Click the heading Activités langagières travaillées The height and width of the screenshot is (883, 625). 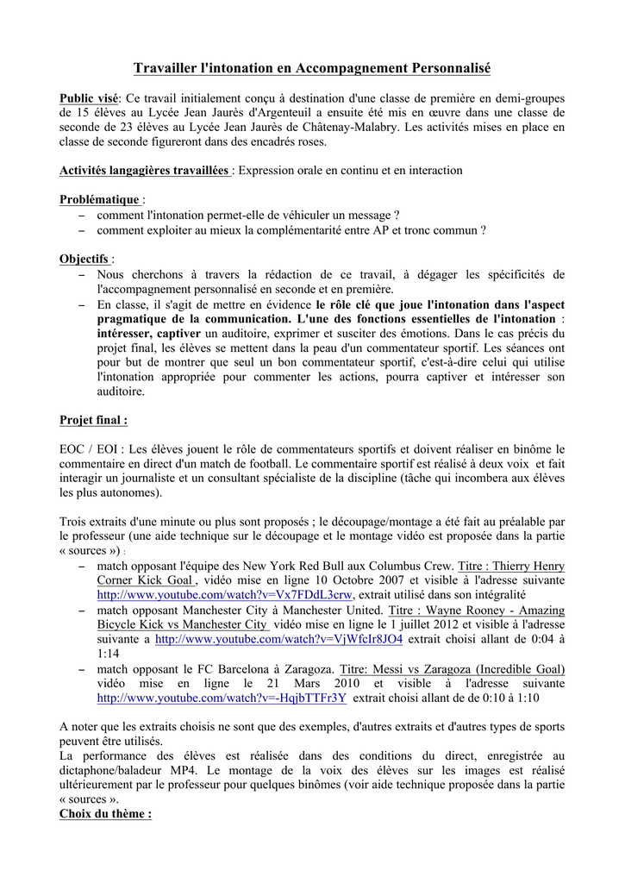(x=144, y=171)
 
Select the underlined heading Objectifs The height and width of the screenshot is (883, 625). (x=84, y=259)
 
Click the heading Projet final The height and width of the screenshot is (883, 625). (x=93, y=420)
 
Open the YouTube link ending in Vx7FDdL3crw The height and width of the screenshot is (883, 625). (x=225, y=596)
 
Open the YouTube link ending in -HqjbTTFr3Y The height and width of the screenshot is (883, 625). (x=222, y=698)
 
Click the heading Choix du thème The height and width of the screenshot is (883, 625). (x=105, y=814)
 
